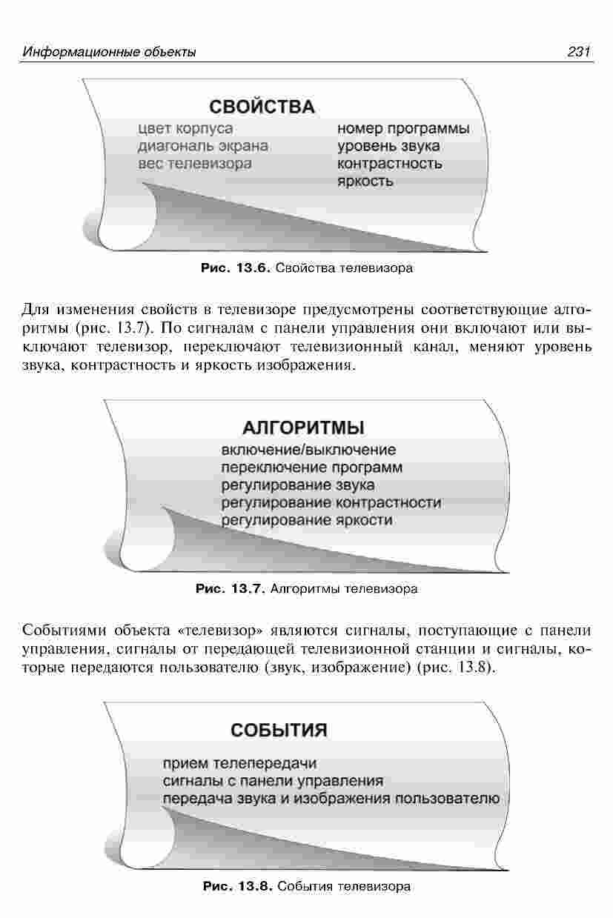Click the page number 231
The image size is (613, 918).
point(579,52)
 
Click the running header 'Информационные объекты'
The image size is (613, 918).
point(109,52)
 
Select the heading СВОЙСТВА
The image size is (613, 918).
point(262,107)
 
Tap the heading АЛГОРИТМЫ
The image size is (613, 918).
point(303,428)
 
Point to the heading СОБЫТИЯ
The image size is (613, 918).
point(279,731)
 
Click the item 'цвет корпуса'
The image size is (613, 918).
point(185,129)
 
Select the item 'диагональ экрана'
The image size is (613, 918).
point(203,146)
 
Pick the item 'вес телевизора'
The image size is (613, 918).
point(195,164)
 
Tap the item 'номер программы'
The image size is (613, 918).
point(403,129)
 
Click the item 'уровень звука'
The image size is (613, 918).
point(388,146)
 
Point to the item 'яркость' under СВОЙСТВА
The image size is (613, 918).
point(365,181)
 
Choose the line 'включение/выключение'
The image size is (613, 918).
point(309,450)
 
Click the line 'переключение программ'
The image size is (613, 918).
point(311,468)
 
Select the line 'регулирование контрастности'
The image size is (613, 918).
point(331,503)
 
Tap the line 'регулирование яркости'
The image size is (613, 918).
point(307,520)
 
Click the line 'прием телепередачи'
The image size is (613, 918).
point(240,763)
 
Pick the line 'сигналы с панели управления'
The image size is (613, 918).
point(273,781)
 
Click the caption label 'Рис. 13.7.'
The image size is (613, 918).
point(231,589)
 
